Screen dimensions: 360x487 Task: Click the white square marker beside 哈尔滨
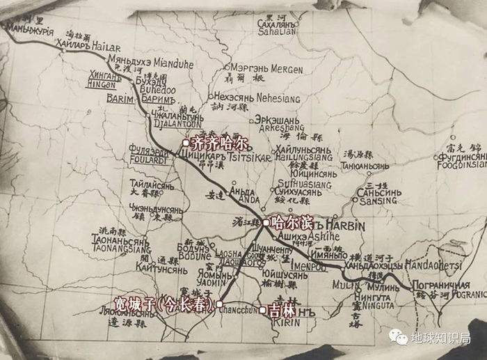(x=266, y=222)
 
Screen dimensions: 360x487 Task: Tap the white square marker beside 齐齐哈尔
(x=186, y=143)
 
